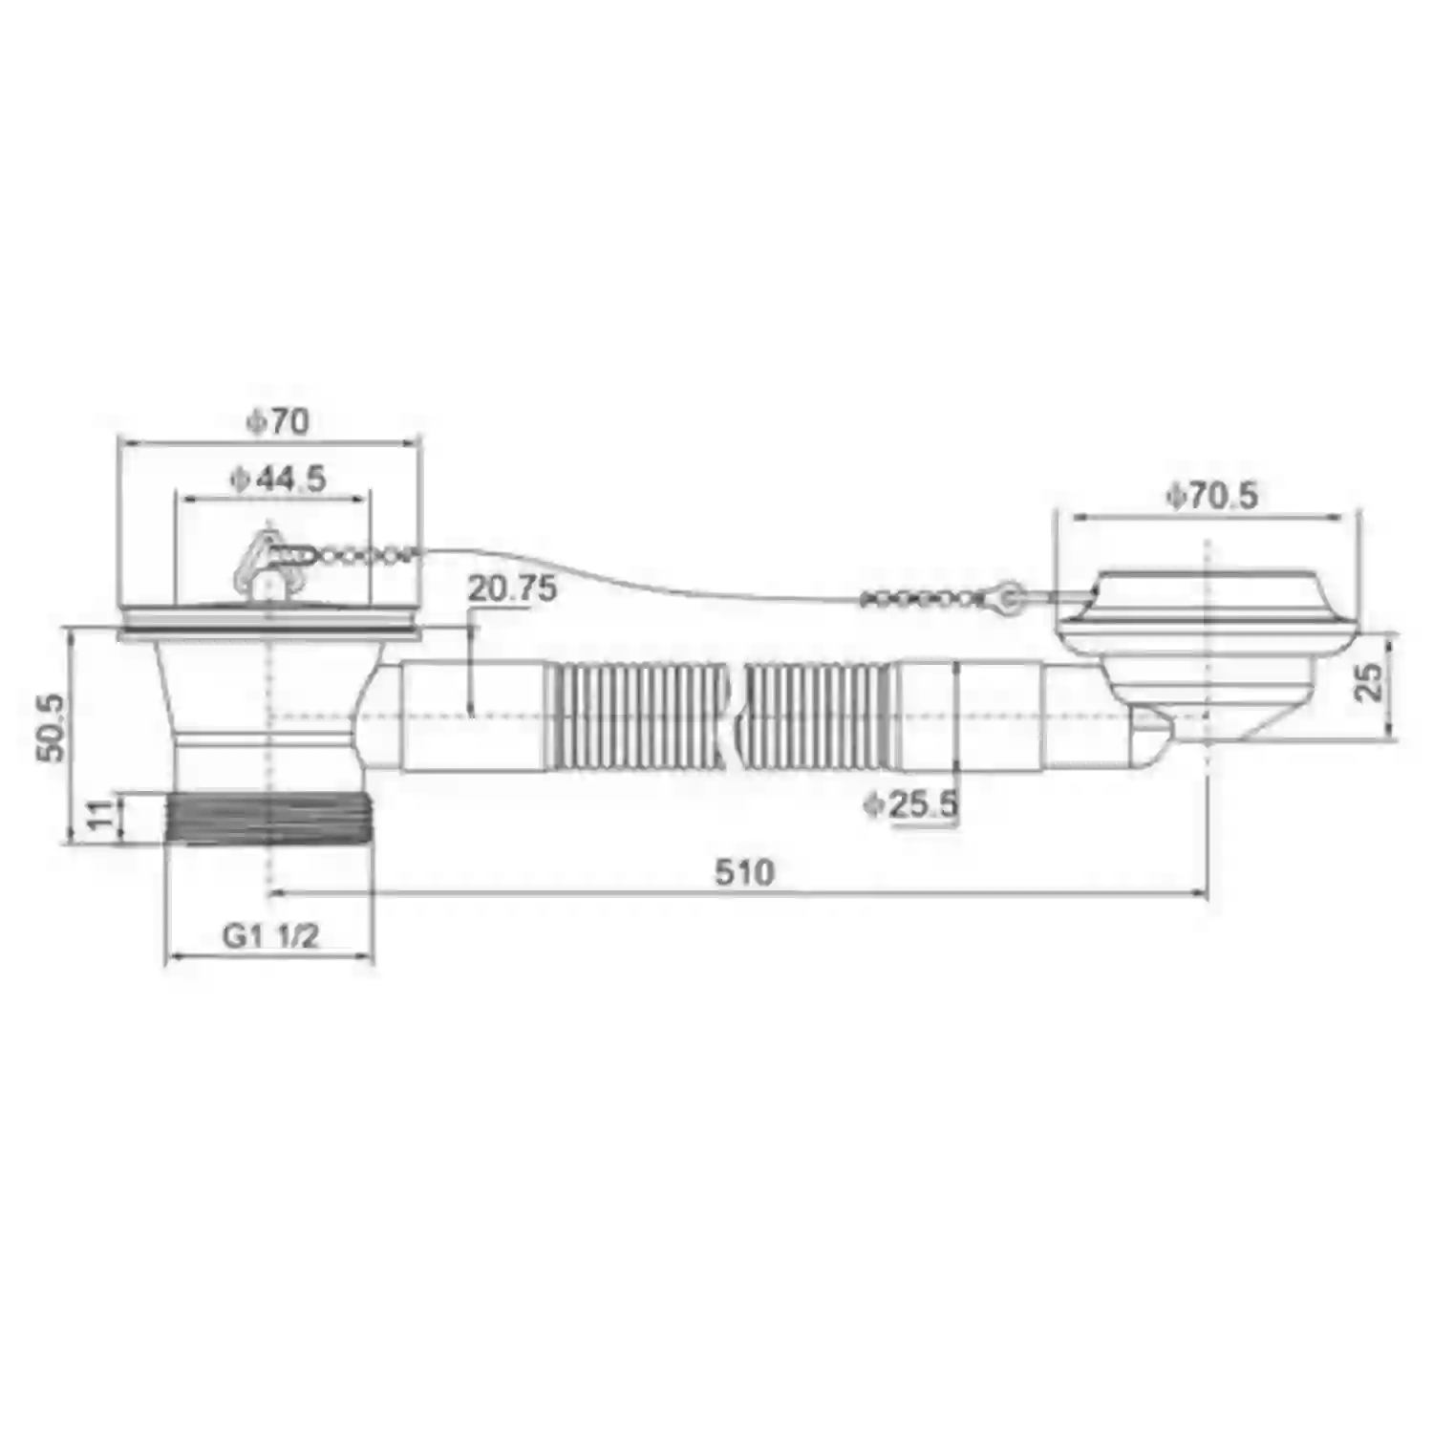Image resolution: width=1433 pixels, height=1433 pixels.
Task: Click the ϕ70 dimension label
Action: point(278,421)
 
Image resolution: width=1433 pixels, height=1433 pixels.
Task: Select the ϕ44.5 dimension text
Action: point(278,478)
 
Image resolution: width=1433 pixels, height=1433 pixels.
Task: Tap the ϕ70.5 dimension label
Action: point(1211,495)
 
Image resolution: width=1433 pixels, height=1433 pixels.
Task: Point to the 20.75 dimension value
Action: point(512,588)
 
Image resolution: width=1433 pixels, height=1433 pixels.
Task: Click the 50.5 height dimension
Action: point(52,727)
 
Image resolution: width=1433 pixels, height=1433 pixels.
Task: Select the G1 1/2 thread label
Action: point(270,935)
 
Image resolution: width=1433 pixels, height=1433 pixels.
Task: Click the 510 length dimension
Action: point(744,872)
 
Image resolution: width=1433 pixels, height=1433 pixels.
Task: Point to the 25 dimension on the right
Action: point(1369,682)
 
